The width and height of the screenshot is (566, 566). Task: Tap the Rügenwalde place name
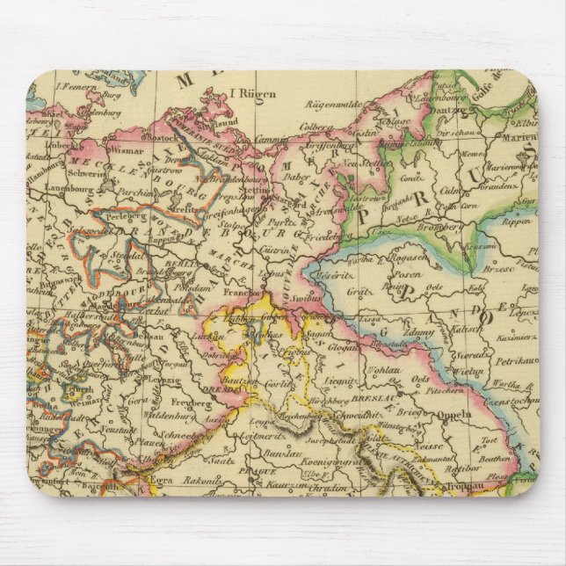[330, 104]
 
